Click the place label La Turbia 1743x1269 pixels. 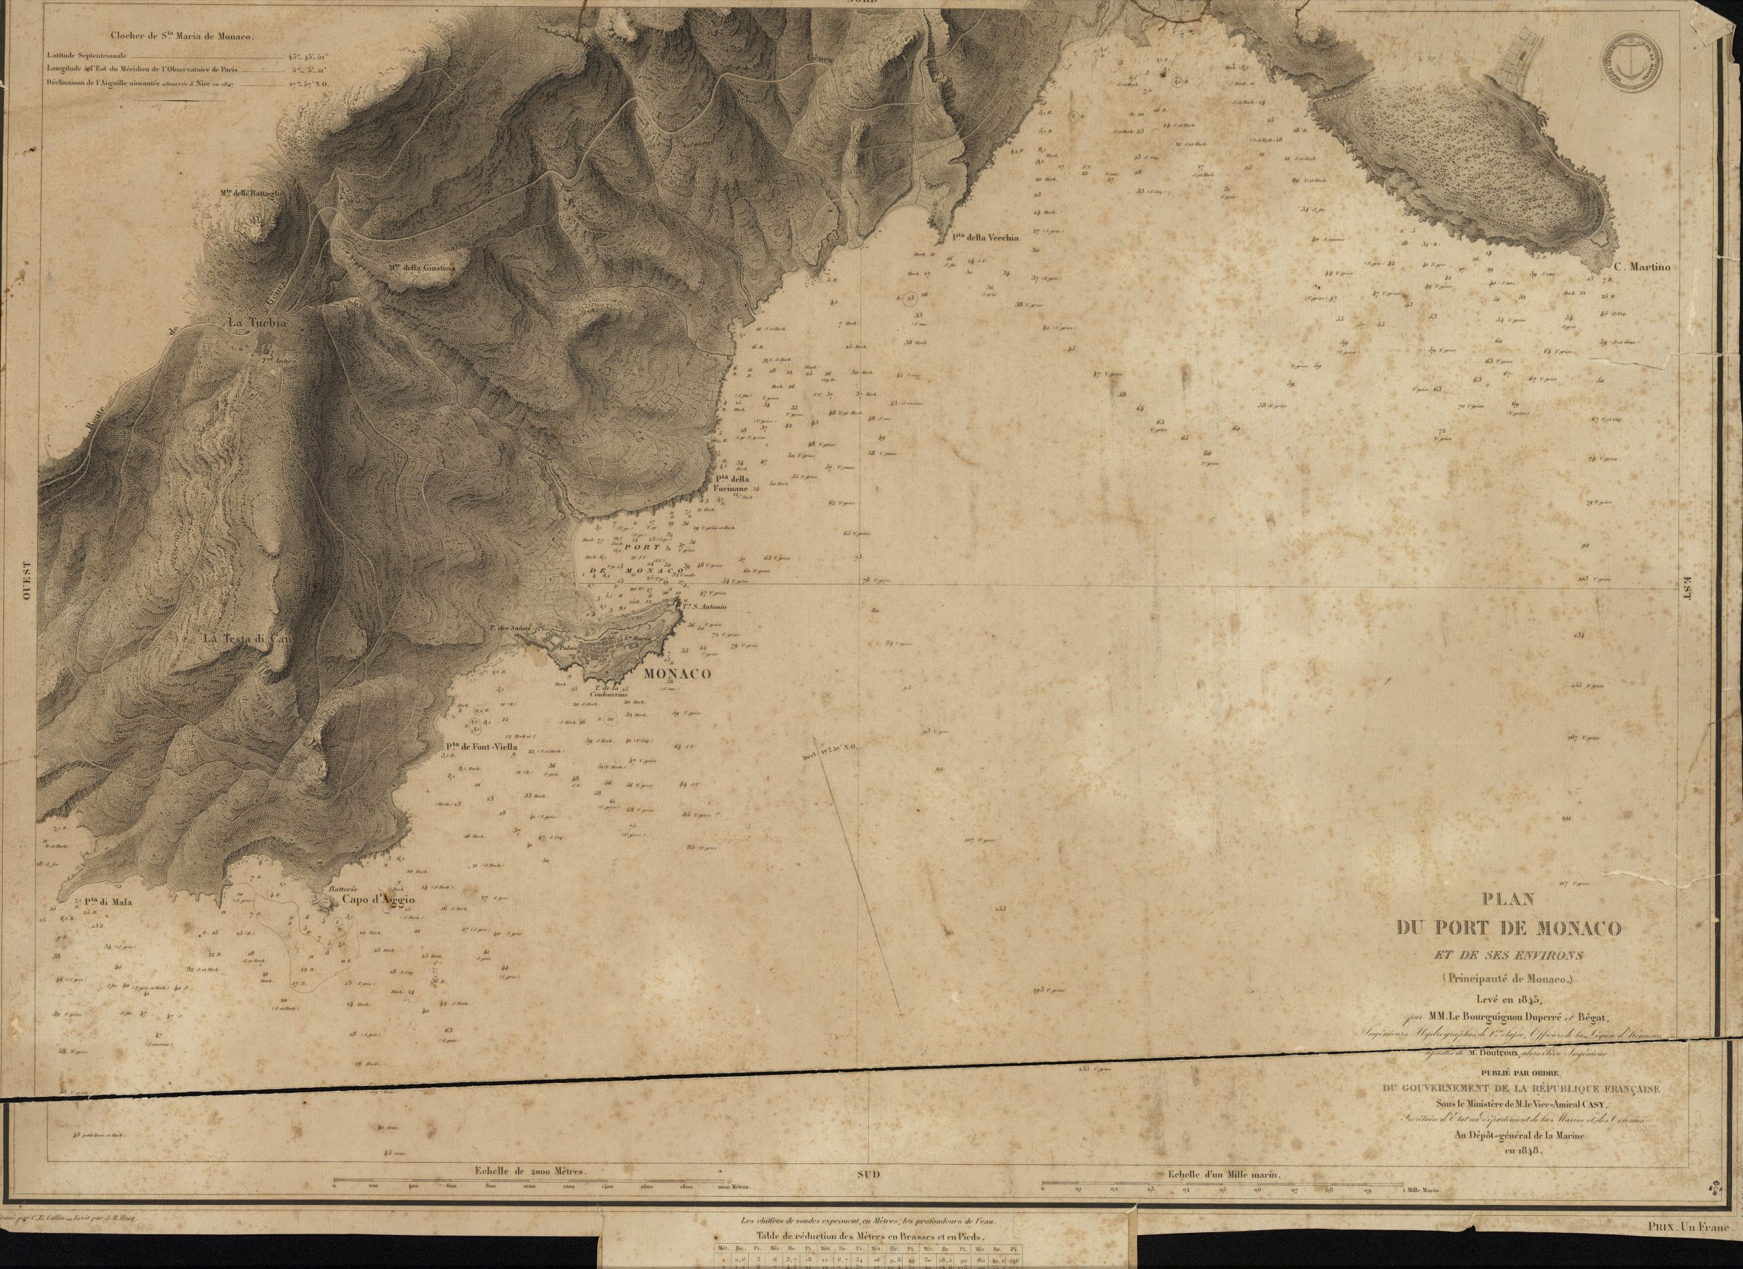[x=257, y=324]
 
